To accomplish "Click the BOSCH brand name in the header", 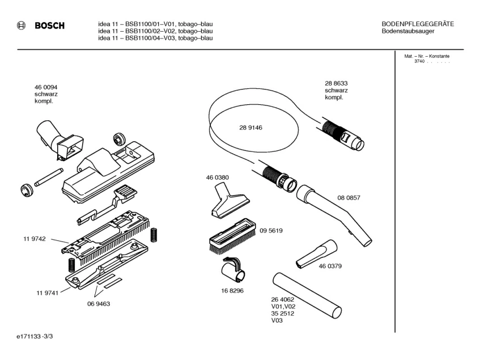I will coord(49,26).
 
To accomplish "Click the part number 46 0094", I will coord(45,87).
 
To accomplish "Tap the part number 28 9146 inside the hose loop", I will coord(250,128).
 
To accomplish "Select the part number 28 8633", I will coord(336,83).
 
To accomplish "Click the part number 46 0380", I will coord(217,177).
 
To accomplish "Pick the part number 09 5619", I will coord(271,231).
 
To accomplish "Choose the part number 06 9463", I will coord(98,303).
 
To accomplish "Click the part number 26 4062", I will coord(283,299).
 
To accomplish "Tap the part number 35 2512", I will coord(283,313).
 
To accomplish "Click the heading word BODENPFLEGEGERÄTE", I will coord(418,23).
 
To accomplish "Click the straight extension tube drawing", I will coord(307,294).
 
